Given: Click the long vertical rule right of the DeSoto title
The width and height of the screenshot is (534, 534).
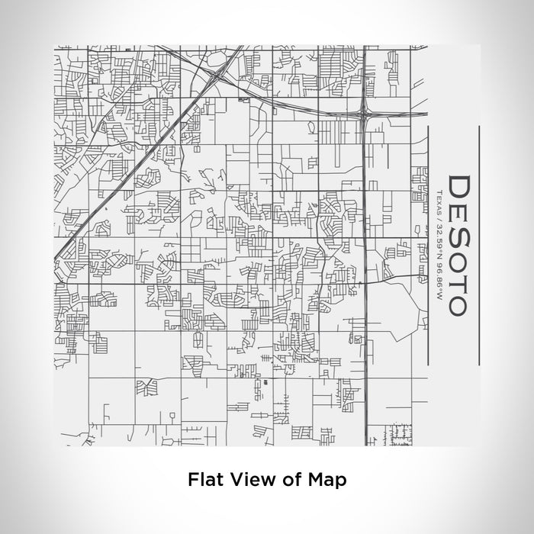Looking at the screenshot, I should tap(478, 244).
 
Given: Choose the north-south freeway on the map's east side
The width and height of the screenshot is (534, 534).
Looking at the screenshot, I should tap(365, 305).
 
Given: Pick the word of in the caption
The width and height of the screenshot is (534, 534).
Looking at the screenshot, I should tap(286, 480).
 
